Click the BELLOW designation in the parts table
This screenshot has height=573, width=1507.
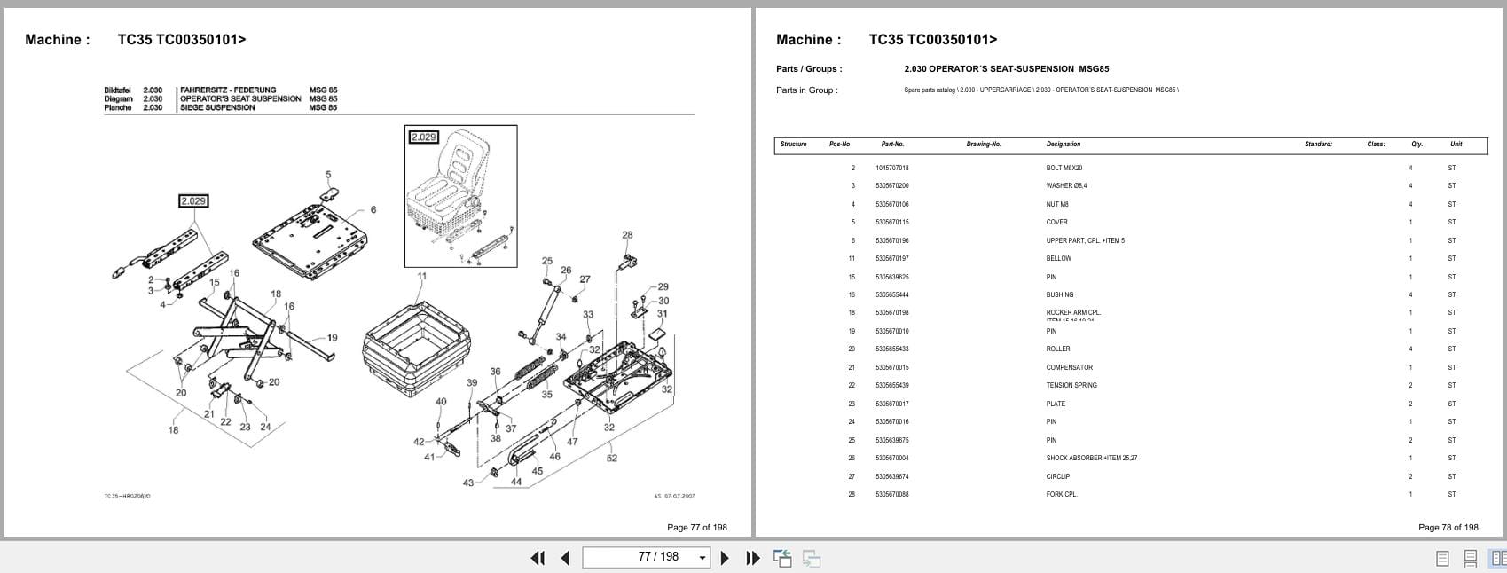[1058, 258]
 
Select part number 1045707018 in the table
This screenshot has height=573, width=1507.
[891, 168]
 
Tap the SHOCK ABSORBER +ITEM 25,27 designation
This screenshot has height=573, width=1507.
[1091, 458]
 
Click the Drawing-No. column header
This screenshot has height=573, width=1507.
[983, 144]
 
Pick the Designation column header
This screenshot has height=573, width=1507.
[1063, 144]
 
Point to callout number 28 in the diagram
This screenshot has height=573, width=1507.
[627, 235]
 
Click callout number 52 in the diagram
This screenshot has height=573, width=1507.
[612, 459]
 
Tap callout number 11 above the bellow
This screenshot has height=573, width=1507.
[421, 276]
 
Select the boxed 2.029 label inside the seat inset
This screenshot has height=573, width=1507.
[423, 137]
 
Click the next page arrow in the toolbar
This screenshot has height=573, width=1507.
[725, 558]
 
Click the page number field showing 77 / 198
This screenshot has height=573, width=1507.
[658, 557]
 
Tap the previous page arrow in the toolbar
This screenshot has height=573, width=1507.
[565, 558]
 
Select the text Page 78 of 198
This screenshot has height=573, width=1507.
[1448, 527]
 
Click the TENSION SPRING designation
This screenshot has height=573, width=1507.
[1071, 385]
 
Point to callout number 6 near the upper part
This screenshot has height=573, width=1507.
[373, 210]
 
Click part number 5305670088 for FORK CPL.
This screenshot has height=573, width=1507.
[891, 494]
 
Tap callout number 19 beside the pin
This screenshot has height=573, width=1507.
[332, 337]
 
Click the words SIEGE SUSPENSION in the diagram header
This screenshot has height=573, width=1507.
[216, 107]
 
